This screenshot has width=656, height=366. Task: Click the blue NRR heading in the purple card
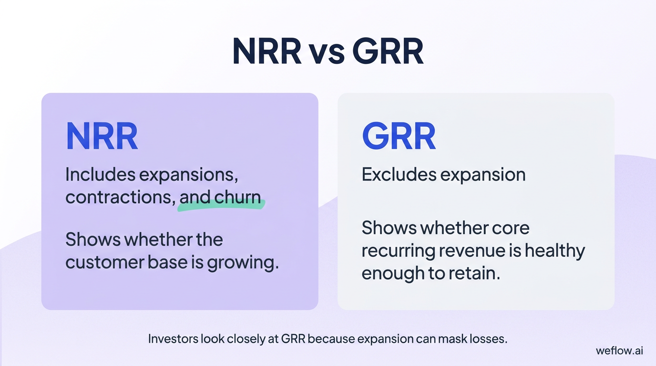102,136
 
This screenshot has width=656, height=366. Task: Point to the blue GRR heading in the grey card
399,136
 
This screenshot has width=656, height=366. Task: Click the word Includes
100,175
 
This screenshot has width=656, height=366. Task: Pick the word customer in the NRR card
103,263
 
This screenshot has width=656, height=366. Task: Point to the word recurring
400,251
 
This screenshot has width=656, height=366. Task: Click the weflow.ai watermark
619,351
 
